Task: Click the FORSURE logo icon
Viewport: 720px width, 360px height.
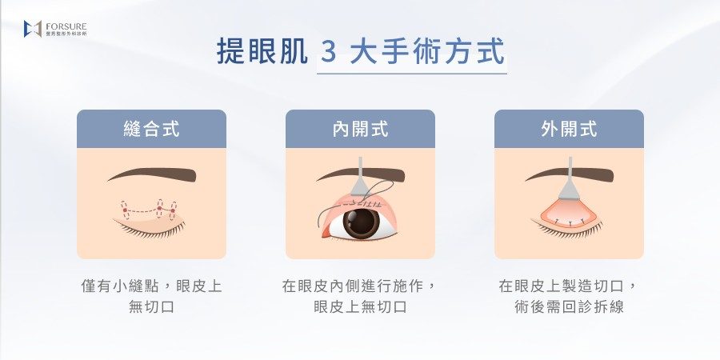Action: click(x=33, y=29)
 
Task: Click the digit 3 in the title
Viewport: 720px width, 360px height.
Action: click(x=328, y=51)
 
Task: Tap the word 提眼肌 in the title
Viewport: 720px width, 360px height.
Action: click(x=262, y=51)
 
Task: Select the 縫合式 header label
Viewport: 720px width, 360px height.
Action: click(x=151, y=129)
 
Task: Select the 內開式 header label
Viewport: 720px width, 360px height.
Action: click(x=361, y=129)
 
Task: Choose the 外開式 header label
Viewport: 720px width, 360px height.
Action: click(x=569, y=129)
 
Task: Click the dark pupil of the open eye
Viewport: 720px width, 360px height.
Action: click(x=362, y=222)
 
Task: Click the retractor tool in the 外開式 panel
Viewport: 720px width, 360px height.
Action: click(x=570, y=181)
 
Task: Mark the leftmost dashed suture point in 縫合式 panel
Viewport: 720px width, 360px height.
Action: click(x=125, y=210)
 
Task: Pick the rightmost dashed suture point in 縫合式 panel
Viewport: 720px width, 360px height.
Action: click(x=173, y=210)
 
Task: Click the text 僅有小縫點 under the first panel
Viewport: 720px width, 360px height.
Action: click(x=119, y=286)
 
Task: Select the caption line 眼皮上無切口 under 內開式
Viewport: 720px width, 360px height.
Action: click(x=361, y=306)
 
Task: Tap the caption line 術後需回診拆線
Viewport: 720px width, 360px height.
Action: click(x=570, y=306)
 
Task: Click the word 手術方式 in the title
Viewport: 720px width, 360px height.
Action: click(x=427, y=51)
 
